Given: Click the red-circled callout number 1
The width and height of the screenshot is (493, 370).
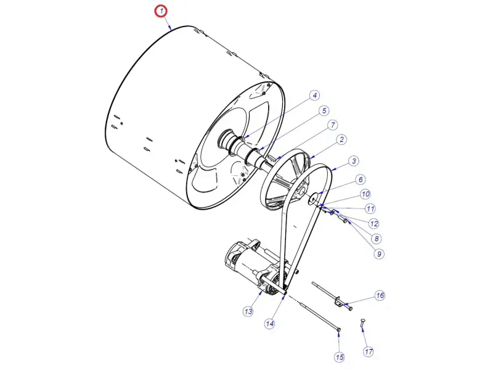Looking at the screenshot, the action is [161, 12].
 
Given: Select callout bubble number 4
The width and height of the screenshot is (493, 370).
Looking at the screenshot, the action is [315, 96].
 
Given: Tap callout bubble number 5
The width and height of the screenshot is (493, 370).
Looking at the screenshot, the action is [324, 111].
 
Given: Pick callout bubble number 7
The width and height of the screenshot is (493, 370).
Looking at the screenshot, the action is [333, 125].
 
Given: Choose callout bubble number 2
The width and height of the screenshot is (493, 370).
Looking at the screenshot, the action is [342, 139].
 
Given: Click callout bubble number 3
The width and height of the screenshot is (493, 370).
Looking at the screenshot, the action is [354, 161].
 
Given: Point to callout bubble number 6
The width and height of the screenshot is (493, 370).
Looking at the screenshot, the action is [361, 179].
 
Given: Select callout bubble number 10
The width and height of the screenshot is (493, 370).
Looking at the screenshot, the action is [365, 194].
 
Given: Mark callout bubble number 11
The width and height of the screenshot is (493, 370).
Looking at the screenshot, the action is [370, 208].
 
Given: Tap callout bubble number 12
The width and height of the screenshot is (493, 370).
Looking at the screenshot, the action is [373, 224].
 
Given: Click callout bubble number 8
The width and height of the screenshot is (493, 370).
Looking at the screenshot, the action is [377, 239].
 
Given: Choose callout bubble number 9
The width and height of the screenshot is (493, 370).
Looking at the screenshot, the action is [379, 253].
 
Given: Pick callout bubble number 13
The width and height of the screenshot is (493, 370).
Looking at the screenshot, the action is [248, 311].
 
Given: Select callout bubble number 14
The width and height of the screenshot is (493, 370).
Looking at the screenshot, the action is [270, 323].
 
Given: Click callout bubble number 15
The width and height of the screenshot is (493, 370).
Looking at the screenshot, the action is [340, 357].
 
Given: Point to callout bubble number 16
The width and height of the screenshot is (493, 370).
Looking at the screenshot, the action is [380, 295].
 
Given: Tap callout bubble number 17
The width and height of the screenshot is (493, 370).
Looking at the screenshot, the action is [369, 351].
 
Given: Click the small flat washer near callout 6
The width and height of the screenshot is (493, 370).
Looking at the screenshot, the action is [314, 199].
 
